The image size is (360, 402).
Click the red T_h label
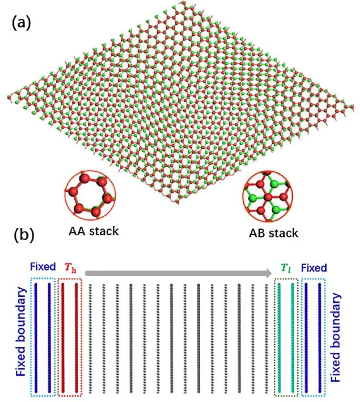click(70, 267)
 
